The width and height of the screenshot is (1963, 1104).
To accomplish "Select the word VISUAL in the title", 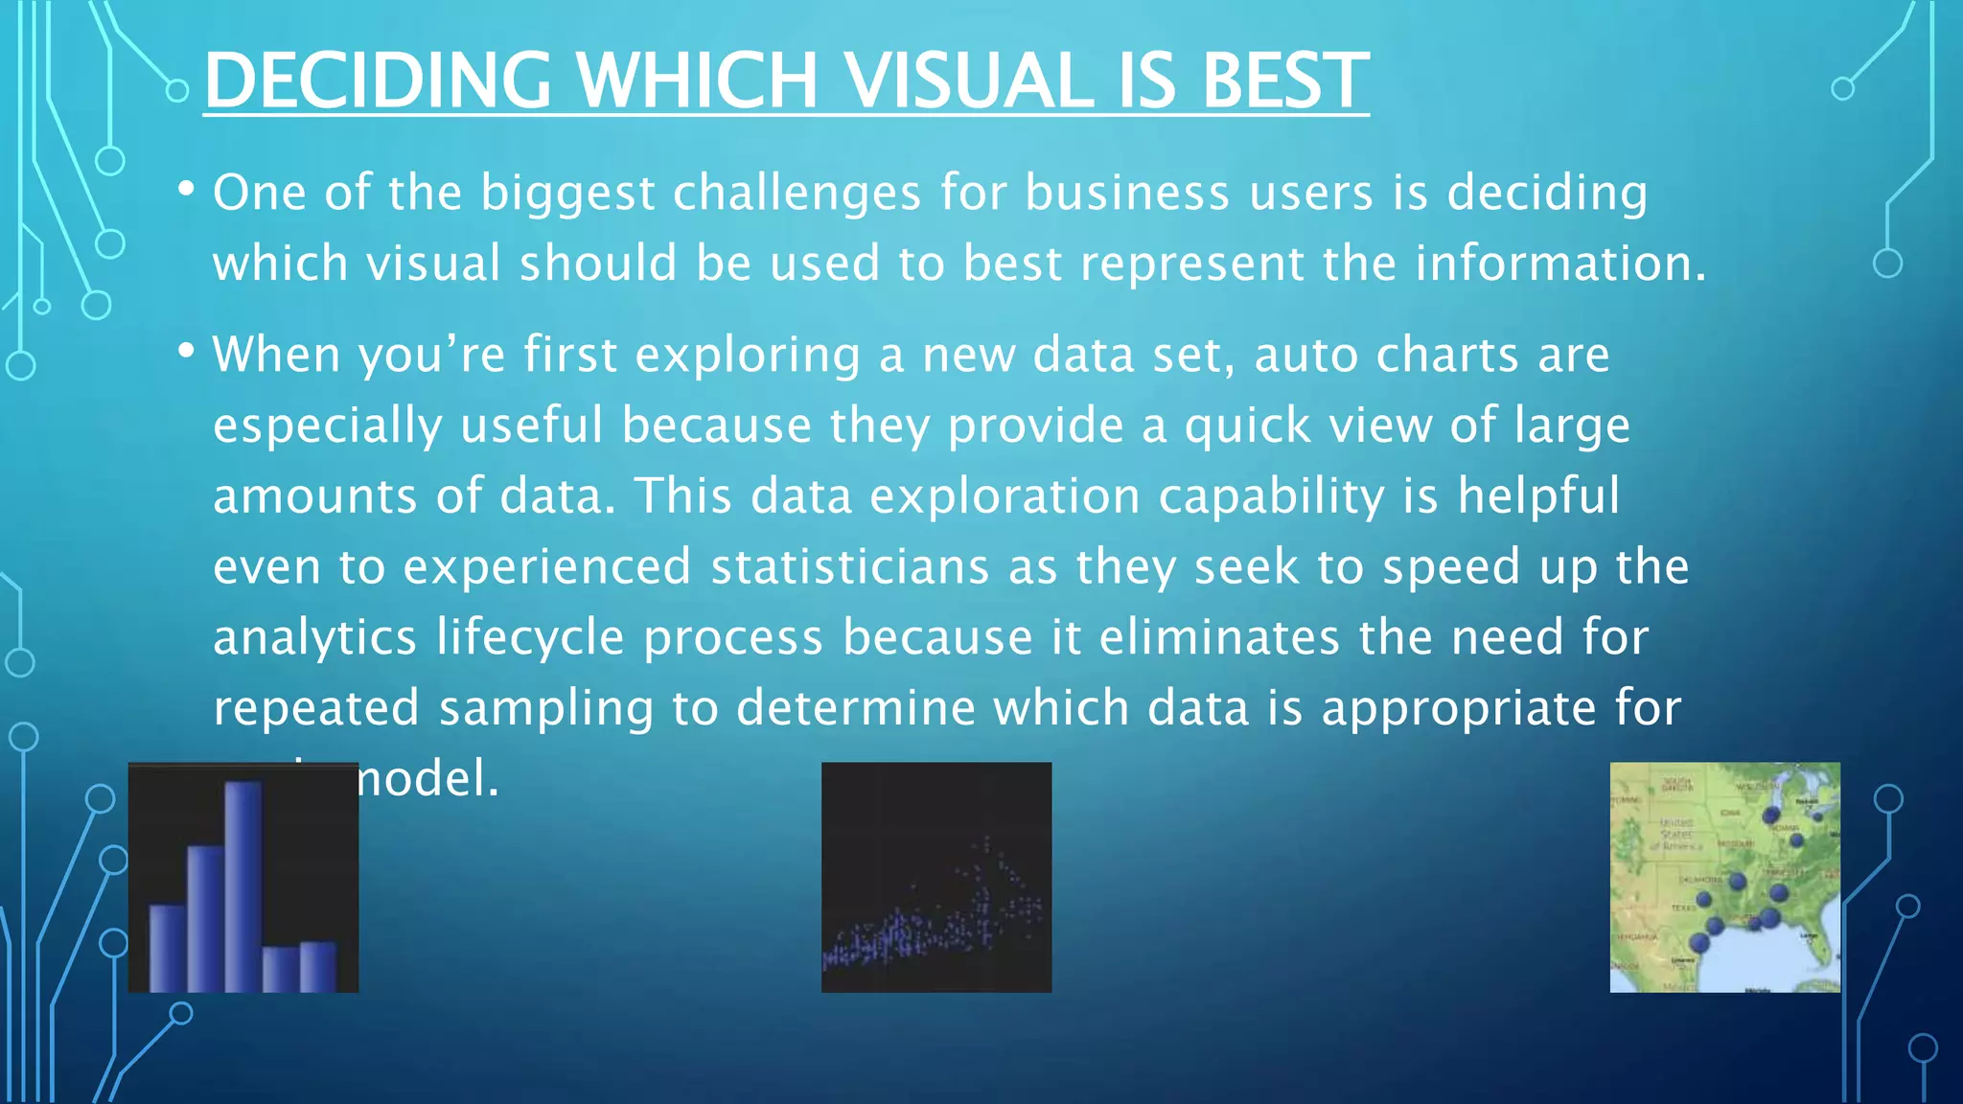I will point(971,80).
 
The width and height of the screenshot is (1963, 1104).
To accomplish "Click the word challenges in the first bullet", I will point(797,193).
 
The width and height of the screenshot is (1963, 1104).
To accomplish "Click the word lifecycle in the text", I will point(530,637).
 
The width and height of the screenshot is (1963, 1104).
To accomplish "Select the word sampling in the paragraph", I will point(545,708).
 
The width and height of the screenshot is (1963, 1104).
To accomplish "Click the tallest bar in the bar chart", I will point(243,886).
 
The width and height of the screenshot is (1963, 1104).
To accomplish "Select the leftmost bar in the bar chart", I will point(168,948).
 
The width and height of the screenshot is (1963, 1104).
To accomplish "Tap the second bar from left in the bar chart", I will point(205,918).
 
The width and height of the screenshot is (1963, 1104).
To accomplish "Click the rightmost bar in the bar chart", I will point(318,966).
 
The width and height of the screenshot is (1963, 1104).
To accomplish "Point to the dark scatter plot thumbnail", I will point(936,877).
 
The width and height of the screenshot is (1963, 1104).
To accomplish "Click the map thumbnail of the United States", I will point(1724,877).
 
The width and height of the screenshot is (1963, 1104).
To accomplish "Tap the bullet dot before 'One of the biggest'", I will point(187,189).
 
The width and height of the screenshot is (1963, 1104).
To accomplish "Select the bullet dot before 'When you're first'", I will point(187,351).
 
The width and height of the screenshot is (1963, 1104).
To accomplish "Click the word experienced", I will point(546,566).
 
